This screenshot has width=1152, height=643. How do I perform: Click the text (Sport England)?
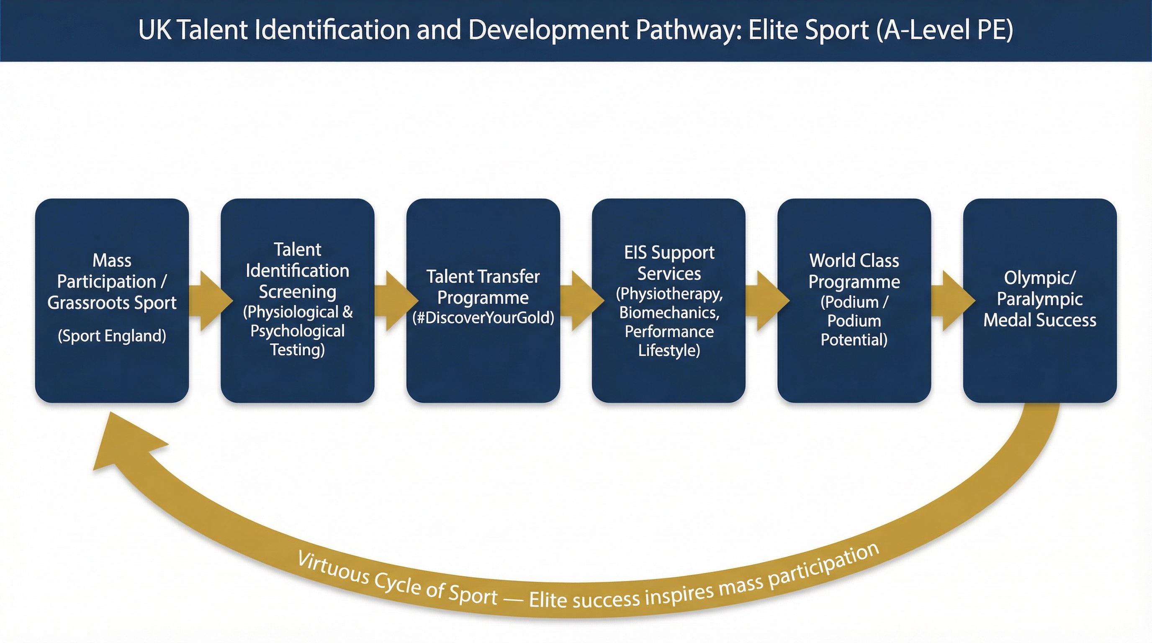click(112, 336)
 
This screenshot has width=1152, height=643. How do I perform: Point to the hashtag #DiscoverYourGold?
click(483, 318)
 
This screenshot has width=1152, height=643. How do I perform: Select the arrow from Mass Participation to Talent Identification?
click(207, 301)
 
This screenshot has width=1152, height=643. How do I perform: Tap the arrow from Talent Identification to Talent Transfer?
click(393, 301)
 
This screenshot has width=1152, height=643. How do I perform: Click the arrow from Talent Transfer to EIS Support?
click(578, 301)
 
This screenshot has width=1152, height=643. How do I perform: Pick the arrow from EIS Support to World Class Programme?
click(764, 301)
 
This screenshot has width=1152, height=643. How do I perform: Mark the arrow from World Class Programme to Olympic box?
click(949, 301)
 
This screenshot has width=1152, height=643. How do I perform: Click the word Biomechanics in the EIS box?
click(669, 313)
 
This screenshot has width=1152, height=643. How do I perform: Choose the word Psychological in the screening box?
click(297, 331)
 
